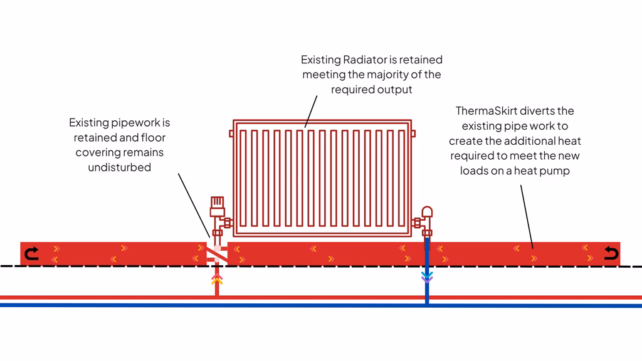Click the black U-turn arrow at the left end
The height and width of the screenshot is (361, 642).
tap(31, 253)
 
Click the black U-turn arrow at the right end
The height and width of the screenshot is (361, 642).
tap(610, 253)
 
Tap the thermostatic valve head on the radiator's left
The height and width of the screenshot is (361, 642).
tap(216, 203)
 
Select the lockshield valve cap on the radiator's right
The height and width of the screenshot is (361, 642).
tap(427, 212)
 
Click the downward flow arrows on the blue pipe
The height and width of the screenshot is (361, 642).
tap(427, 276)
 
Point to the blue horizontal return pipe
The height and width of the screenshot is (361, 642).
tap(125, 305)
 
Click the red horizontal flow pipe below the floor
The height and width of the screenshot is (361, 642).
tap(125, 296)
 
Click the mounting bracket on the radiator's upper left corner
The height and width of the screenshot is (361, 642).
tap(231, 133)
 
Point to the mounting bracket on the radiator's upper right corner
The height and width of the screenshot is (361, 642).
tap(413, 133)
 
